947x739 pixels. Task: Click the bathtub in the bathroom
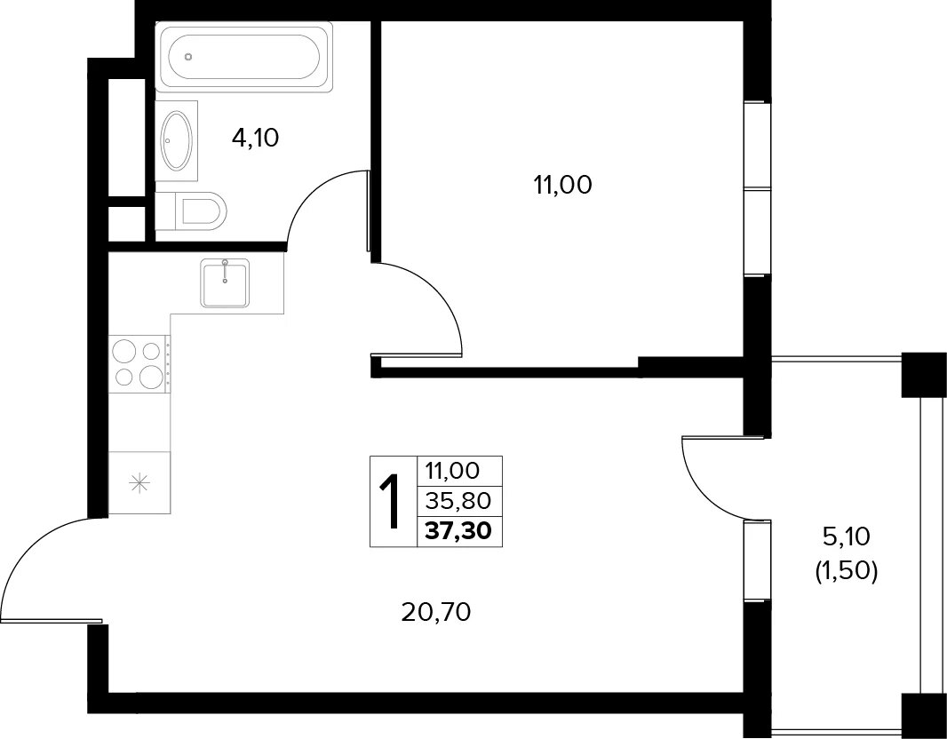(x=244, y=57)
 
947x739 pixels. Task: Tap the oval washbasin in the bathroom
(x=177, y=140)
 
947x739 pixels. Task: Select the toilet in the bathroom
(x=192, y=211)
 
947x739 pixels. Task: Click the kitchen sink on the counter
(x=226, y=283)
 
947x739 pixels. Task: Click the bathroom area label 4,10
(x=255, y=139)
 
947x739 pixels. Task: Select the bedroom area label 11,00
(x=562, y=186)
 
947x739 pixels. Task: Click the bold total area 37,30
(x=458, y=531)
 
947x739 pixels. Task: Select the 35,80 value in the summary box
(x=458, y=500)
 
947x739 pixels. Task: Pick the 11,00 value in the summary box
(x=452, y=470)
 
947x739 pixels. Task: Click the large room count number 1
(x=392, y=502)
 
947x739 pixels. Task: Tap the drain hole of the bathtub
(x=188, y=58)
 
